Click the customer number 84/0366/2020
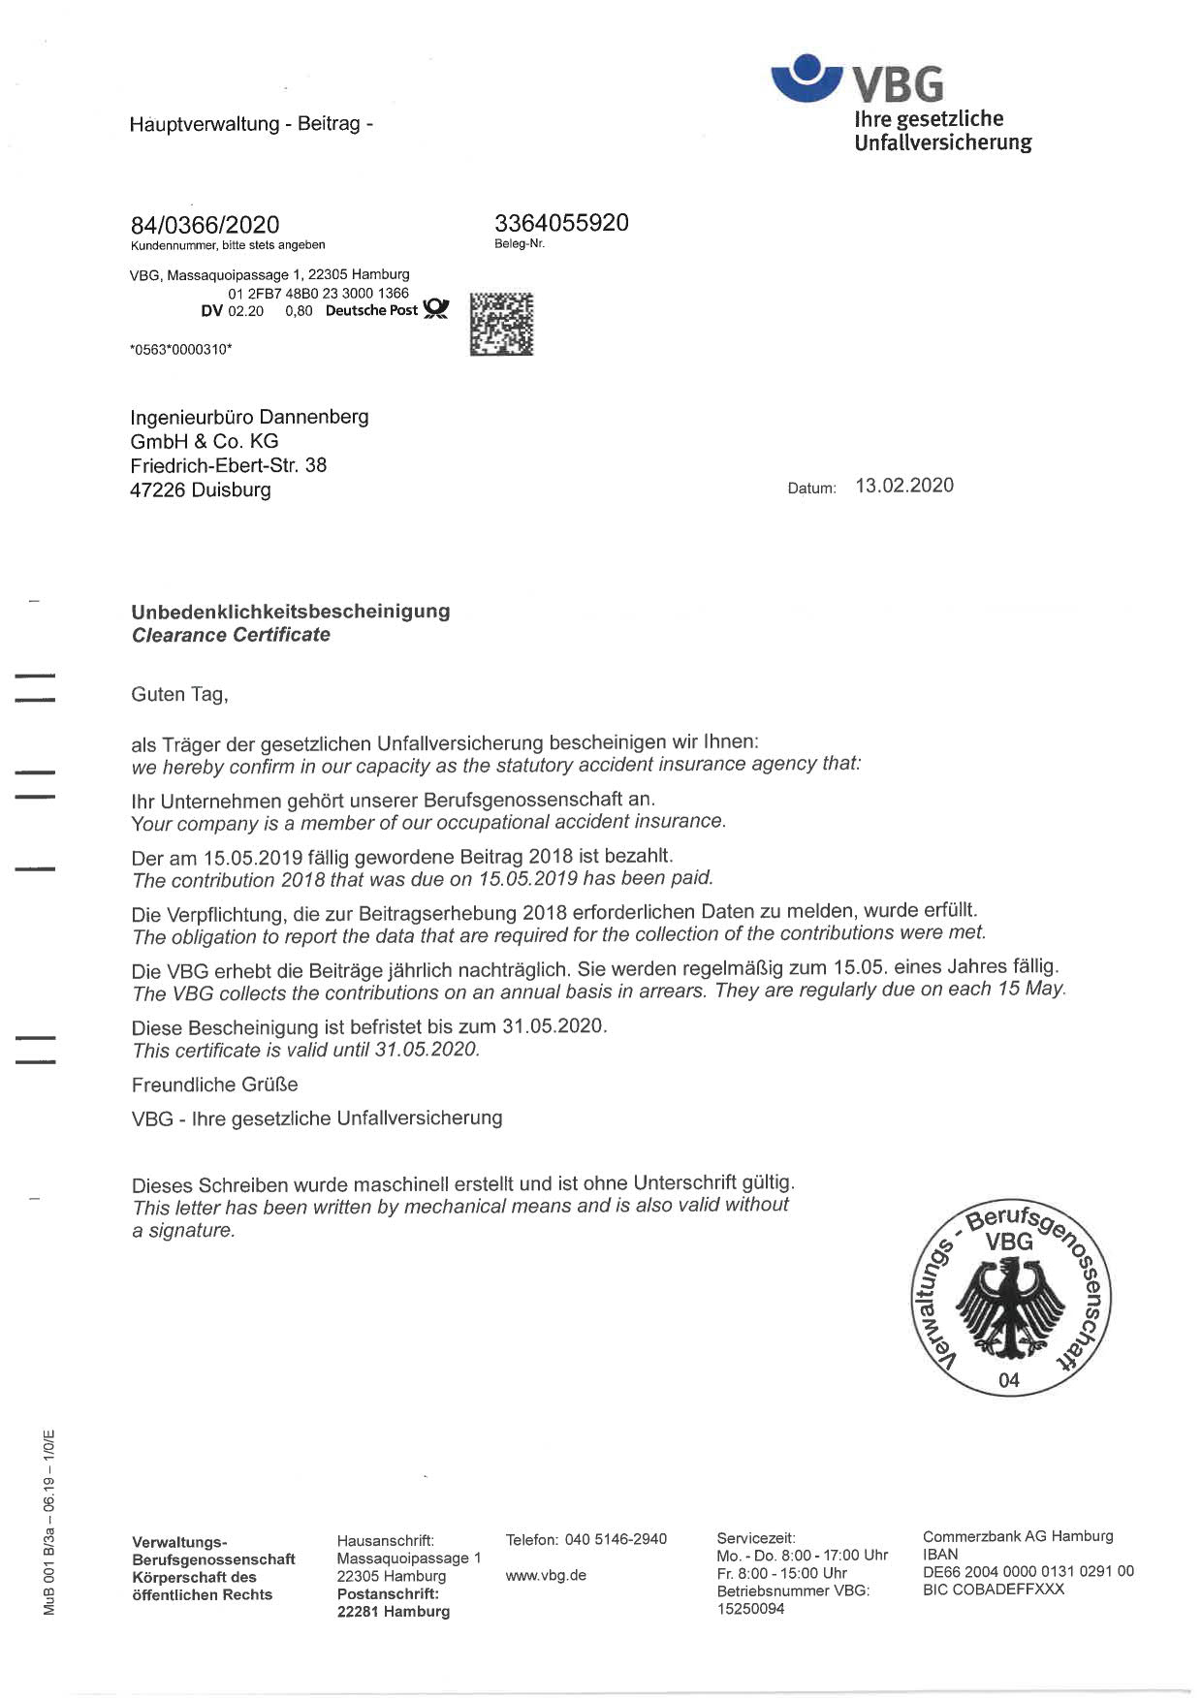click(205, 225)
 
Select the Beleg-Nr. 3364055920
click(561, 223)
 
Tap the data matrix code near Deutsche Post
click(501, 323)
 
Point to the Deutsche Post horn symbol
click(437, 309)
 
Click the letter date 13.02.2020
click(903, 486)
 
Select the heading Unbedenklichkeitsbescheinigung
click(291, 611)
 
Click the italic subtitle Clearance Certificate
click(231, 635)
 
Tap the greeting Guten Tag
click(179, 694)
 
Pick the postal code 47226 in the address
click(158, 489)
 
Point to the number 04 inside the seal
click(1009, 1379)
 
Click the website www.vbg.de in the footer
click(546, 1575)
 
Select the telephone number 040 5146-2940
click(616, 1539)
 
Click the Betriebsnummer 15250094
click(750, 1609)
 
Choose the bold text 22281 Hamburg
click(393, 1611)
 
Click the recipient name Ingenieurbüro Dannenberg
click(249, 417)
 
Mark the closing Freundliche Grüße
click(214, 1084)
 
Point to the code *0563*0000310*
click(180, 349)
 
